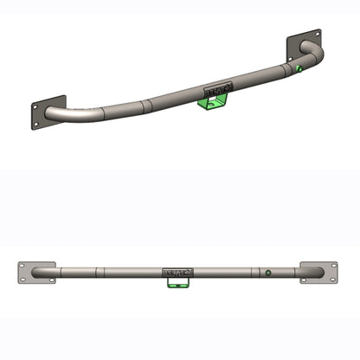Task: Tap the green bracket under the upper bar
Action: [212, 103]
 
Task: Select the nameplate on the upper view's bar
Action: [217, 88]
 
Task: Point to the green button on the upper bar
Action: [297, 68]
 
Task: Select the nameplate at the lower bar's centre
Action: [177, 273]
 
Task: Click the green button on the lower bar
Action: [269, 273]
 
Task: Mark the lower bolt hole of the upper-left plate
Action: [36, 124]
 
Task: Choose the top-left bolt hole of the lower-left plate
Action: [23, 266]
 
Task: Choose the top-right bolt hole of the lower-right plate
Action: [333, 266]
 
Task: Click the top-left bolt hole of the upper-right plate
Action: [292, 40]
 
